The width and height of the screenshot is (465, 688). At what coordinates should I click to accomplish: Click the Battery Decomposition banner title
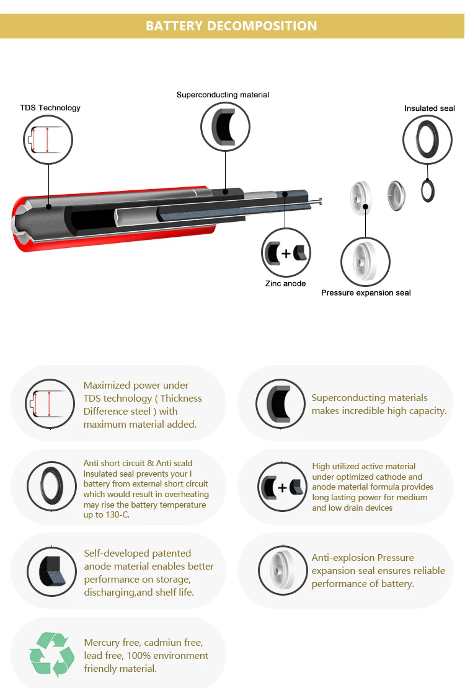click(231, 26)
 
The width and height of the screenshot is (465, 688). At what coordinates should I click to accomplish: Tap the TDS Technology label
click(50, 108)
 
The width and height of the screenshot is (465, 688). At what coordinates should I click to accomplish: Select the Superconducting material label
click(223, 95)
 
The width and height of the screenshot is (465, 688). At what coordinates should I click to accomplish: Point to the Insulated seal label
click(430, 108)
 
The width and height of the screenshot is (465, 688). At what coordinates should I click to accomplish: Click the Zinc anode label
click(285, 283)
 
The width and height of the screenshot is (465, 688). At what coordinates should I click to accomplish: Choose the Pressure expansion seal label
click(366, 293)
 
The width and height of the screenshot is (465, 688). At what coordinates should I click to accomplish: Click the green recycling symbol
click(51, 654)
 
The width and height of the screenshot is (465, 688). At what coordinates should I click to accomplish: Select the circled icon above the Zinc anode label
click(286, 253)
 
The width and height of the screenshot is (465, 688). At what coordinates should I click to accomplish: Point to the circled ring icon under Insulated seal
click(427, 139)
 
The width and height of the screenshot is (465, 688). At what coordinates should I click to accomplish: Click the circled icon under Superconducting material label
click(225, 127)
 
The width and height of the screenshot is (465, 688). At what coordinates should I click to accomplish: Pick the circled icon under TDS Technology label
click(48, 140)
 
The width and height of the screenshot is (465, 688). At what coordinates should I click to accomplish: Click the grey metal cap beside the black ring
click(397, 195)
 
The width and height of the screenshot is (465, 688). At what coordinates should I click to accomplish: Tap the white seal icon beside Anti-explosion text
click(282, 570)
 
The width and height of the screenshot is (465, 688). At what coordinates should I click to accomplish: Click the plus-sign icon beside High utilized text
click(282, 487)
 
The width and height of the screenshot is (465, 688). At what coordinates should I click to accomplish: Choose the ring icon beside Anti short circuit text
click(51, 486)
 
